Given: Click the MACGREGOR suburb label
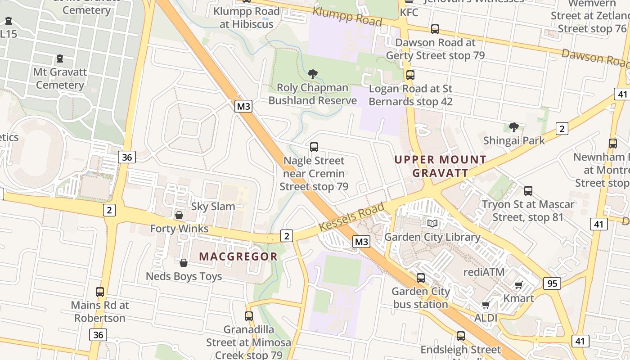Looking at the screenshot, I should click(238, 256).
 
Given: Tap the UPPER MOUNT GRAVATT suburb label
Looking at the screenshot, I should click(440, 166).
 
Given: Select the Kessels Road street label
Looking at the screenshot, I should click(351, 217).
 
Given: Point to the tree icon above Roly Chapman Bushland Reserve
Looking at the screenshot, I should click(313, 74).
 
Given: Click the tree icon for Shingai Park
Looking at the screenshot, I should click(513, 127).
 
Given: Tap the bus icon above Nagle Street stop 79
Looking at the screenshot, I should click(314, 147).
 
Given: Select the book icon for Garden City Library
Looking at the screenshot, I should click(432, 223).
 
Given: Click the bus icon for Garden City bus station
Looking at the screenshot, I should click(421, 278).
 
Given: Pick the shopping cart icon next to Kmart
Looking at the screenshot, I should click(518, 285).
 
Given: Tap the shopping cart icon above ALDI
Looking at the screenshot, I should click(486, 305).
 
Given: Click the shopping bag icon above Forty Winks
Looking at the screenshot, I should click(179, 215).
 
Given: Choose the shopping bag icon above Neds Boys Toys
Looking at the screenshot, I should click(184, 262).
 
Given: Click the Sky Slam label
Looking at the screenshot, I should click(213, 207).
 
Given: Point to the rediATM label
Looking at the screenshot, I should click(484, 272).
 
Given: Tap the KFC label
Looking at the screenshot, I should click(409, 12).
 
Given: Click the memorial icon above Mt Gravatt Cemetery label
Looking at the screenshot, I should click(59, 58).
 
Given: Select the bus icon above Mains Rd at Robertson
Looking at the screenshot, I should click(100, 292).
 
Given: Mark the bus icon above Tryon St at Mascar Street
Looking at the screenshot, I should click(528, 191).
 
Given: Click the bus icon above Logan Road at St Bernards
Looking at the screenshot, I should click(410, 75).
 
